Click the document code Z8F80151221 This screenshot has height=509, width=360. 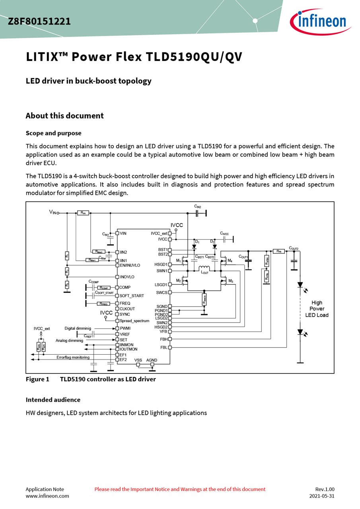[x=39, y=21]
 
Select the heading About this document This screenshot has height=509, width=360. [x=64, y=116]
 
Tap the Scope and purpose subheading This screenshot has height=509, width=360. [x=53, y=133]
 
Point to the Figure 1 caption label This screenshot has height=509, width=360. [x=37, y=379]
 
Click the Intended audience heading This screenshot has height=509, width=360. [x=53, y=400]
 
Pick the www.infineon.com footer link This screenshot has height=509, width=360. [x=47, y=496]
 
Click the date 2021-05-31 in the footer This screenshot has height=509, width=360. [x=321, y=496]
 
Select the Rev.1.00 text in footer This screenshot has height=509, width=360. [x=325, y=489]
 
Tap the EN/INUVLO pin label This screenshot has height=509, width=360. [x=130, y=265]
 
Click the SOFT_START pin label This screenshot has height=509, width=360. [x=132, y=296]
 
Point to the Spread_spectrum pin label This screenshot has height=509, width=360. [x=134, y=321]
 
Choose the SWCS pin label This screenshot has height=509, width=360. [x=162, y=293]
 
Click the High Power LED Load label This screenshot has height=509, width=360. [x=317, y=309]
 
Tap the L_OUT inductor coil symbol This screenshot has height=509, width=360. [x=204, y=268]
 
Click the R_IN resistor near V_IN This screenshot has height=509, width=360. [x=83, y=213]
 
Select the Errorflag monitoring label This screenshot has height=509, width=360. [x=73, y=357]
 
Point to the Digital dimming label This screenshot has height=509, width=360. [x=78, y=328]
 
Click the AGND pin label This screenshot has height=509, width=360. [x=152, y=360]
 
